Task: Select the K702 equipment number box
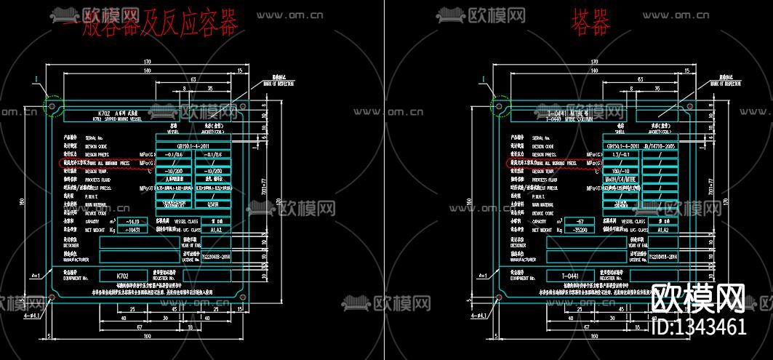click(x=122, y=276)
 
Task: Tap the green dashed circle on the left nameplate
click(x=52, y=107)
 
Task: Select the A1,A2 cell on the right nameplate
click(x=662, y=229)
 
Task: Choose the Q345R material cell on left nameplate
click(x=214, y=205)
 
